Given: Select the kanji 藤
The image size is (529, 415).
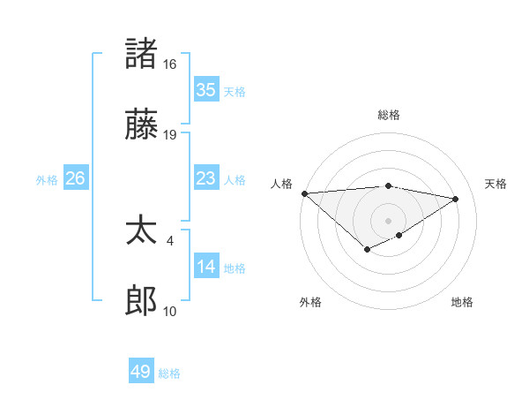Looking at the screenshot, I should (142, 126).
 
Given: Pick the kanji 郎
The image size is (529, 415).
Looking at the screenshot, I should (142, 302).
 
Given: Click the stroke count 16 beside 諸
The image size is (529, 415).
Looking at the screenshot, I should (169, 64).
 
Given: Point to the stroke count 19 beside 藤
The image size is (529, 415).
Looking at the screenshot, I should (169, 136).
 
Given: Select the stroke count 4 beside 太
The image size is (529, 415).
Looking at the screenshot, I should (169, 239).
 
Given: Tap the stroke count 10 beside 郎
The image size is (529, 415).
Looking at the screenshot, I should (169, 312).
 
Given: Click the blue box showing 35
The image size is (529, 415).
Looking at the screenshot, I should (206, 90).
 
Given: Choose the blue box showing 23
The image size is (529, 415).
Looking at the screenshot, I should (206, 178).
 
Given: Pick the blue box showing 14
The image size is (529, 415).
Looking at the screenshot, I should (206, 267).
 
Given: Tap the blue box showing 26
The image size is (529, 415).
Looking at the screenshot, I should (75, 178).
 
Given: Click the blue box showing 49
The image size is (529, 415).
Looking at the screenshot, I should (141, 372).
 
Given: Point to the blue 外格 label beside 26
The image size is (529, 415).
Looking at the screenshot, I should (47, 180).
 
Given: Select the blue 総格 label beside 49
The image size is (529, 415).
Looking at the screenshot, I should (169, 373).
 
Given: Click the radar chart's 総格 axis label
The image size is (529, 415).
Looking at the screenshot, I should (388, 115).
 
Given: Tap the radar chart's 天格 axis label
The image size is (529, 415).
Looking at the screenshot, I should (495, 184).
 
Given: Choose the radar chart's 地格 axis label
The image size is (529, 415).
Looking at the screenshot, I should (462, 302).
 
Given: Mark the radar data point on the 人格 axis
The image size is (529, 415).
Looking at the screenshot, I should (304, 193).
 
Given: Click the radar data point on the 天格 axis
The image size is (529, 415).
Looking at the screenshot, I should (456, 200).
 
